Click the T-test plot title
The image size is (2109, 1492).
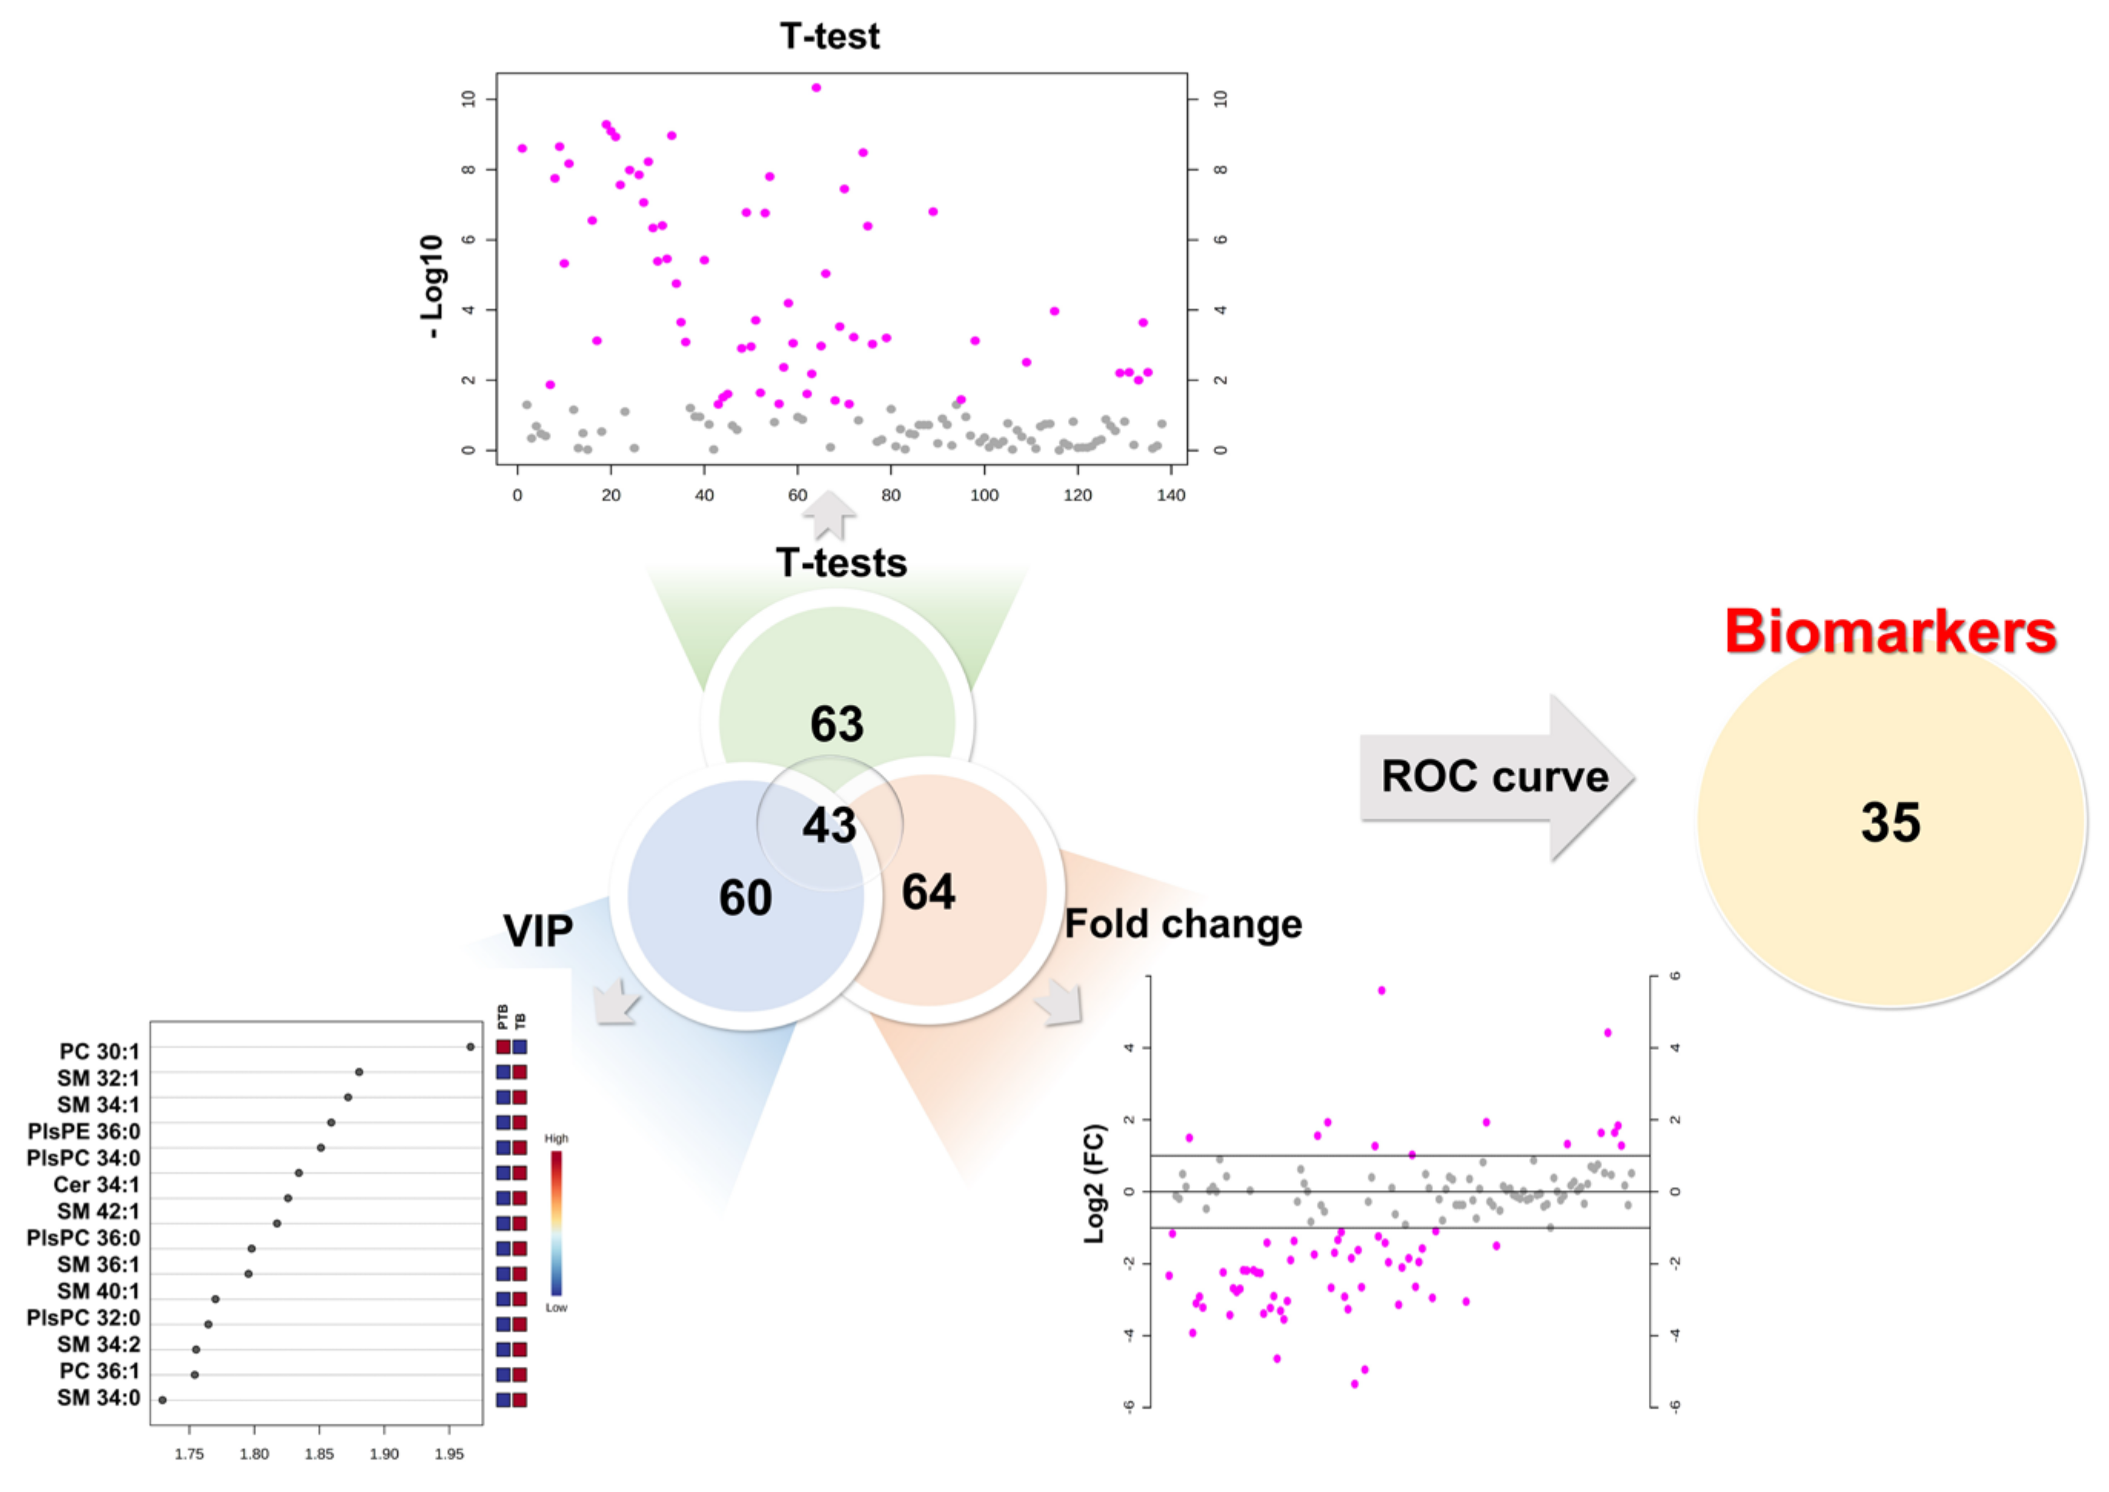point(830,37)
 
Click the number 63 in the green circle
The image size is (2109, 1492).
point(837,724)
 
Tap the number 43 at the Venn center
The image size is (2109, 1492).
point(830,825)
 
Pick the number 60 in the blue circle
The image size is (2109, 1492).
point(745,898)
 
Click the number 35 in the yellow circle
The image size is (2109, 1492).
point(1890,822)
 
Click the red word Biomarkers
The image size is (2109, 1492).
point(1890,632)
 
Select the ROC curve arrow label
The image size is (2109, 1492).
point(1494,777)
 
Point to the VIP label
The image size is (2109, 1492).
point(539,932)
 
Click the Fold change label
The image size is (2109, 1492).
point(1183,924)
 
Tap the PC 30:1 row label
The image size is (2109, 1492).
point(99,1051)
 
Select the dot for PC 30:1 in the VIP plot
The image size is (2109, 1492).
point(470,1046)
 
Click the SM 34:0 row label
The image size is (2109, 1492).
point(98,1397)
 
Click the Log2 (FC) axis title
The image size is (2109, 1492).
point(1094,1185)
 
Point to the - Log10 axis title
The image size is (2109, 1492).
point(432,287)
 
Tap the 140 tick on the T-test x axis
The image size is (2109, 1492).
point(1170,495)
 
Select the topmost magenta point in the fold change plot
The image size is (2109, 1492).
point(1381,990)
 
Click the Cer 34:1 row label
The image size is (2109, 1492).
point(97,1185)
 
